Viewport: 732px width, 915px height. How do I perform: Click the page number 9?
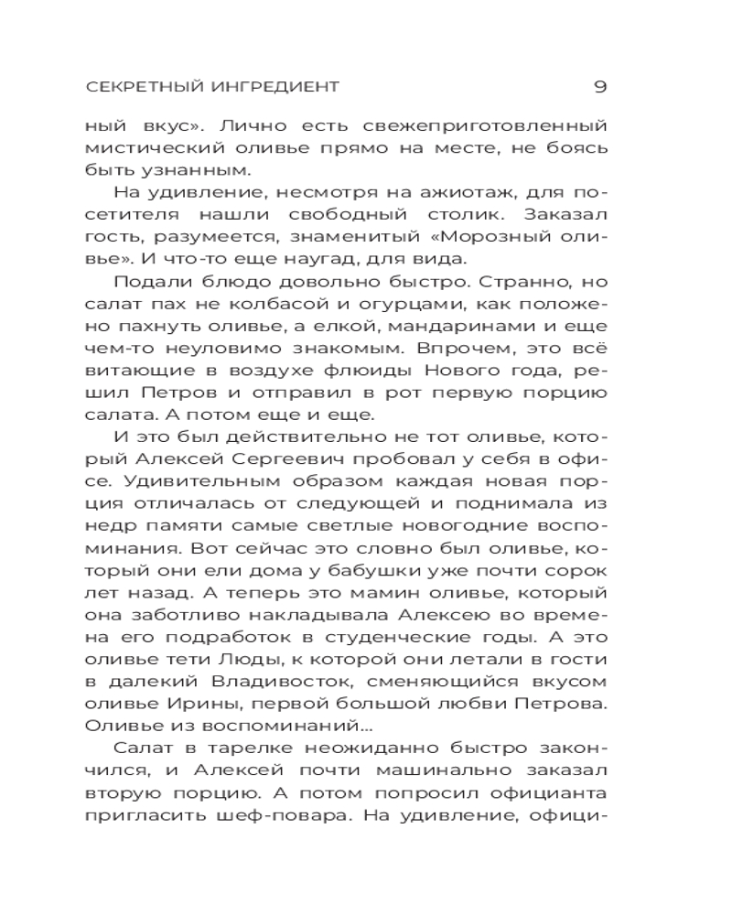coord(600,87)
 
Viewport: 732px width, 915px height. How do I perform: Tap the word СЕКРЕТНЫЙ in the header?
coord(135,88)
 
